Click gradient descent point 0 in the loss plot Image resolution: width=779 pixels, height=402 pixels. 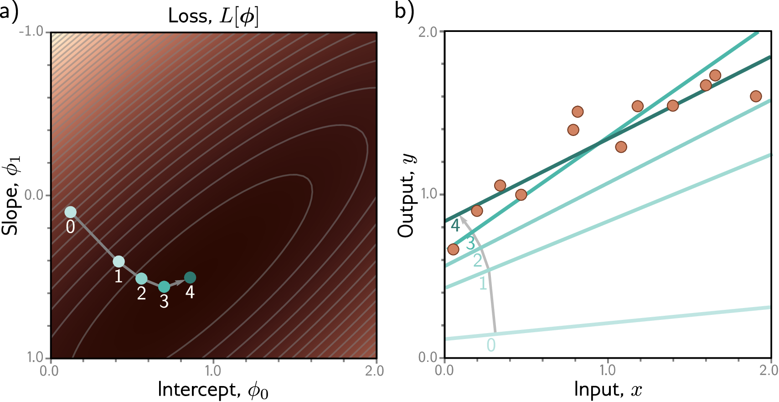coord(70,212)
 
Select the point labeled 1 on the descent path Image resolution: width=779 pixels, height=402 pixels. coord(119,261)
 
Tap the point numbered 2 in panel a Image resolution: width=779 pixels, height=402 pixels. coord(141,278)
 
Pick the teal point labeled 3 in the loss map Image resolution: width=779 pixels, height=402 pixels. coord(164,287)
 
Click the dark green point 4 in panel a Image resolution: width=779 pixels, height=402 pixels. coord(190,277)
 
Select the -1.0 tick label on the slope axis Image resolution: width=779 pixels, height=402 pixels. coord(31,31)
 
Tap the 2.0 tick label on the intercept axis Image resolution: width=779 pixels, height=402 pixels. coord(374,371)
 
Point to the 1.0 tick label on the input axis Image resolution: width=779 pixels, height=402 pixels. coord(608,370)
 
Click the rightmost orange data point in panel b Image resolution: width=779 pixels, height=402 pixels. coord(756,96)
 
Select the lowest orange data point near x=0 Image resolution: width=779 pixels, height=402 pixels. coord(453,249)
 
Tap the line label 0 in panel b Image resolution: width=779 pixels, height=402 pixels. coord(491,345)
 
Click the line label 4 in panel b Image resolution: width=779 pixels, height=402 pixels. coord(455,225)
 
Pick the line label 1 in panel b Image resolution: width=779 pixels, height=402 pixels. coord(483,284)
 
